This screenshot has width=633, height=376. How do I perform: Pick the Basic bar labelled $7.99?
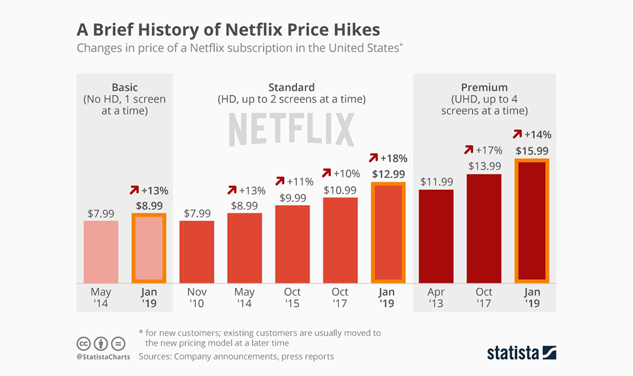click(101, 251)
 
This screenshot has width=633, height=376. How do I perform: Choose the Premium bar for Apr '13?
click(436, 235)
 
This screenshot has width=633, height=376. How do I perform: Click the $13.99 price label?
click(484, 165)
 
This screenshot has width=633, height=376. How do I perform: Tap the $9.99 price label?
click(292, 197)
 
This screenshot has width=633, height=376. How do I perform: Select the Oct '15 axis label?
click(292, 298)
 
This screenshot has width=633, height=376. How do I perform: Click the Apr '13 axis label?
click(436, 298)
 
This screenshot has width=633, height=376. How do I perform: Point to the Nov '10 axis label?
click(197, 298)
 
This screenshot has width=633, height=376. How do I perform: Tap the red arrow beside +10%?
click(327, 173)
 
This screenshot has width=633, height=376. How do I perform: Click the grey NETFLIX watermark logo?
click(291, 130)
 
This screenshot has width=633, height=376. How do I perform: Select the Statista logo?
click(521, 352)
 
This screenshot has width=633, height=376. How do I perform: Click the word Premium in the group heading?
click(484, 87)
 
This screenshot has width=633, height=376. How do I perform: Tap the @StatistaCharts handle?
click(103, 356)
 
